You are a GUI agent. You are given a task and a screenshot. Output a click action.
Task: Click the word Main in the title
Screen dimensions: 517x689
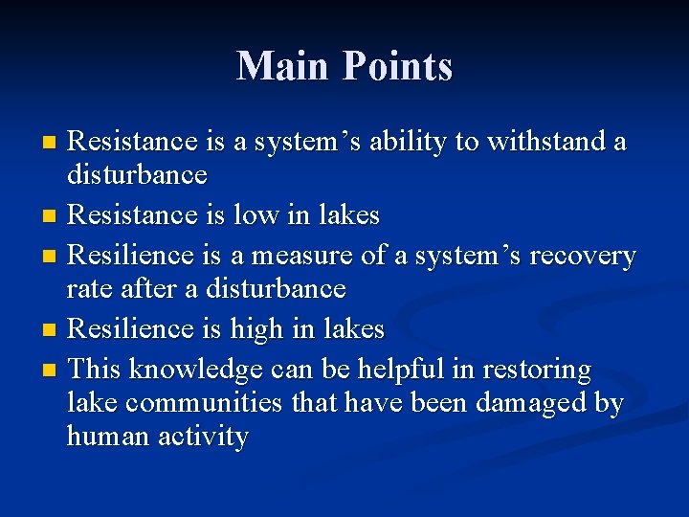pos(278,66)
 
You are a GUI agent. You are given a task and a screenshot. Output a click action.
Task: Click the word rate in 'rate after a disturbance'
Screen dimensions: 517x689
pos(86,289)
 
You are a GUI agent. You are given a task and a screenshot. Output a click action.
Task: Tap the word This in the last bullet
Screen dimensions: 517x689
pos(96,370)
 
